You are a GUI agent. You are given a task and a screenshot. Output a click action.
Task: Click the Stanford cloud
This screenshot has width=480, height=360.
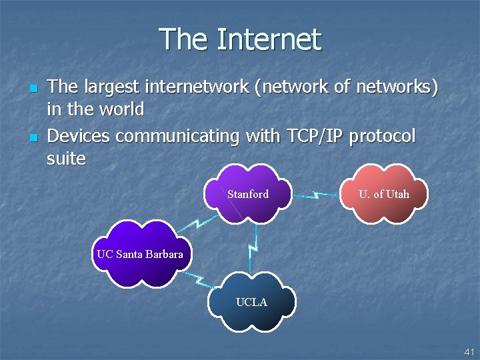click(x=248, y=195)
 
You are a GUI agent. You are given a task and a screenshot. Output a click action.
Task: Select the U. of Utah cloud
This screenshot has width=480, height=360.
click(x=383, y=195)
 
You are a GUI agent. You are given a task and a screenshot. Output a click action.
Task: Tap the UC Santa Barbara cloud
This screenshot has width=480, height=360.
click(x=139, y=254)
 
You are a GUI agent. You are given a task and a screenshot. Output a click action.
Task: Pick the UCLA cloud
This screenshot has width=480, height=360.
click(x=251, y=303)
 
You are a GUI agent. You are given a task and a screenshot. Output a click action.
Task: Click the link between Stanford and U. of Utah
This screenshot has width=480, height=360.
click(x=317, y=196)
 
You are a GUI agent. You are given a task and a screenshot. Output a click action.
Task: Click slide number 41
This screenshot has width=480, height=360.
click(x=469, y=351)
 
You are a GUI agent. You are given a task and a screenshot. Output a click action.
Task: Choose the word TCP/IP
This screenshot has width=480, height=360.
click(x=315, y=137)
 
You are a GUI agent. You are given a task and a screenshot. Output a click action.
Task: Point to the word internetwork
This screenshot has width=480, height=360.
click(x=182, y=87)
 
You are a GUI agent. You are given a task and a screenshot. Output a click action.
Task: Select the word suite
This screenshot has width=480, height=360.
click(x=67, y=159)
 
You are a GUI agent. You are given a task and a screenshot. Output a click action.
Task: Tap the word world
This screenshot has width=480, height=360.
click(x=119, y=109)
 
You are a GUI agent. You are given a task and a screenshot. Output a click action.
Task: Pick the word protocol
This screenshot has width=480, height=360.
click(x=382, y=137)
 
